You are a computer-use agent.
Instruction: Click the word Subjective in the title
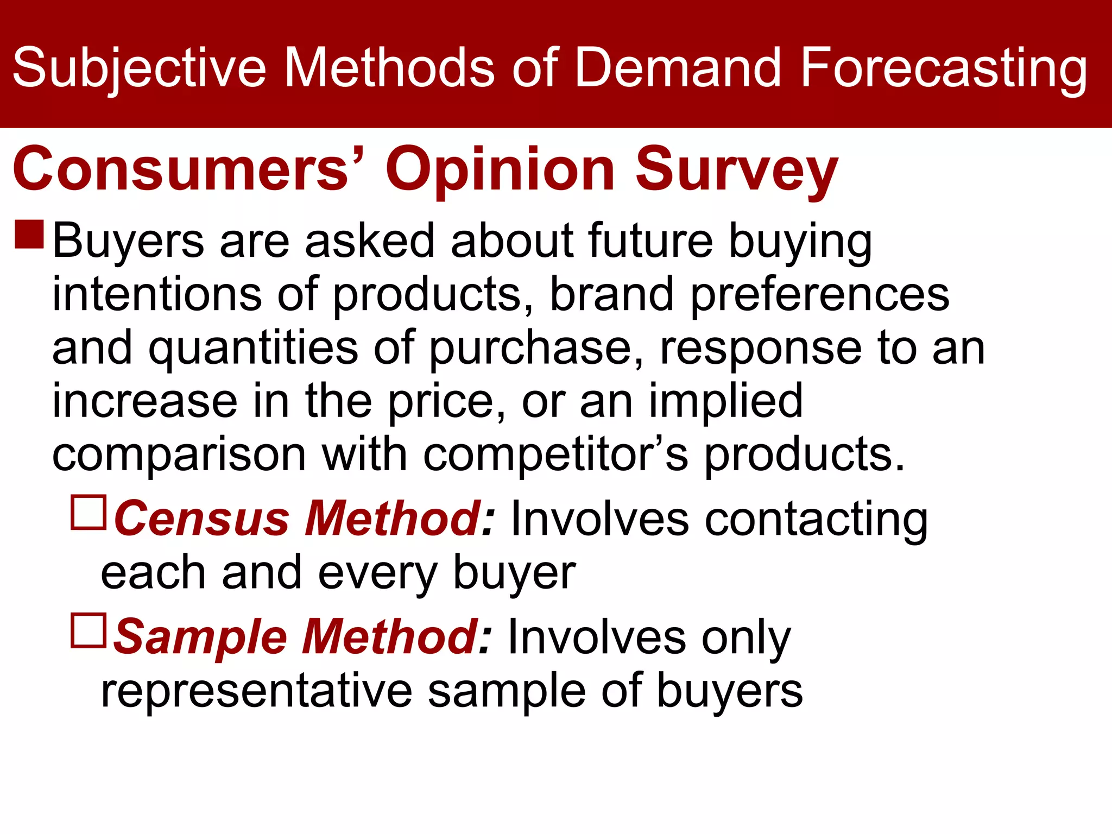139,68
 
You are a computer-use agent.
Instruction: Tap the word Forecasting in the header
943,68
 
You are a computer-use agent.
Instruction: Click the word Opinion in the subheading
500,170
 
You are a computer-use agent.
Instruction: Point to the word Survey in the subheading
736,170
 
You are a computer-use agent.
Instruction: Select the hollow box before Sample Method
89,630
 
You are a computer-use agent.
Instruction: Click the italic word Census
201,519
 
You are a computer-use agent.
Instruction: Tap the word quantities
253,349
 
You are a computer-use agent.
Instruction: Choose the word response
760,349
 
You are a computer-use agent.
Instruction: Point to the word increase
144,401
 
